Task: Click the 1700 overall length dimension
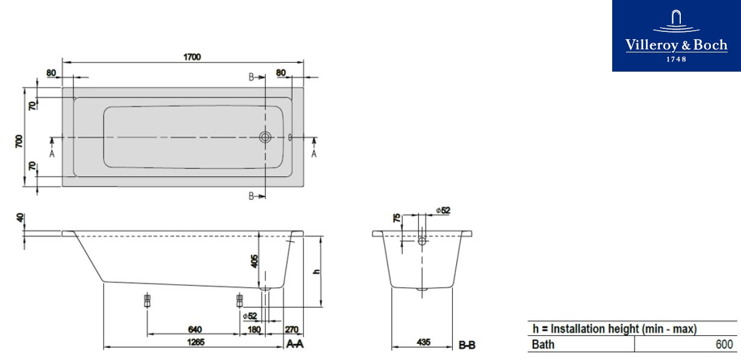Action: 192,57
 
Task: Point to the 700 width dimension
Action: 19,141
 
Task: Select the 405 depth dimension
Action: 255,261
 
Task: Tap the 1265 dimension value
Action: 196,342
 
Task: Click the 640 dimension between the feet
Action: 195,329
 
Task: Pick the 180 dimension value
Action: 254,329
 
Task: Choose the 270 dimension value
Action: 291,329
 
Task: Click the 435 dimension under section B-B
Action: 423,342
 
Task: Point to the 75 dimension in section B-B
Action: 397,218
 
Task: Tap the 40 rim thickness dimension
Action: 20,218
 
